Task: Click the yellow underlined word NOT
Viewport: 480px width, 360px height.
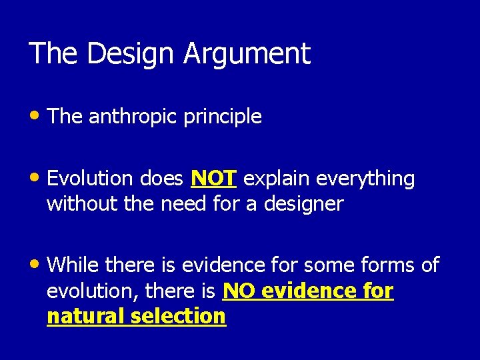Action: (213, 179)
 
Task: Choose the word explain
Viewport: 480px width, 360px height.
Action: (277, 179)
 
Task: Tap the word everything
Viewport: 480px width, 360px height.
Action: (365, 179)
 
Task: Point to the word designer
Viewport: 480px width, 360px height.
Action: (304, 204)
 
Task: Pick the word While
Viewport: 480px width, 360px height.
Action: (75, 265)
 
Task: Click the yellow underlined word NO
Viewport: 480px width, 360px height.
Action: (238, 291)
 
